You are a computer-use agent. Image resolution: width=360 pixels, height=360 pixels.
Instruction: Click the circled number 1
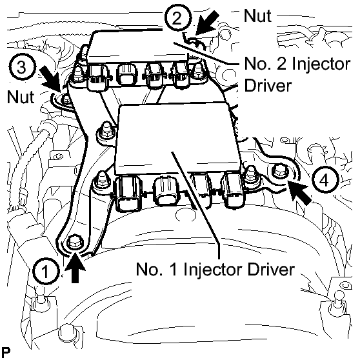coord(46,271)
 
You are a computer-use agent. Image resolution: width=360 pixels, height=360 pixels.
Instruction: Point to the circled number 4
coord(325,180)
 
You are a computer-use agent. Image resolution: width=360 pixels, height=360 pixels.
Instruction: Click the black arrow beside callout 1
coord(75,267)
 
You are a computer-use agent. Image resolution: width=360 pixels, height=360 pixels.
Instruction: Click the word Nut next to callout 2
coord(258,16)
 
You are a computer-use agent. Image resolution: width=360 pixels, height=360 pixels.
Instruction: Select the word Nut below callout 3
coord(21,97)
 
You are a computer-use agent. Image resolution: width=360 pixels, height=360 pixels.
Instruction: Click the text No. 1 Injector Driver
coord(215,269)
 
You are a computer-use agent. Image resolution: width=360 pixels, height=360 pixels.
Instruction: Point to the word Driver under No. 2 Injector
coord(268,85)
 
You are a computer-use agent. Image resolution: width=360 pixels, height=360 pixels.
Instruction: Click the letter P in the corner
coord(6,352)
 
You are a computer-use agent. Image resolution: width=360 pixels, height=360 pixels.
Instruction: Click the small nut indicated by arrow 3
coord(66,99)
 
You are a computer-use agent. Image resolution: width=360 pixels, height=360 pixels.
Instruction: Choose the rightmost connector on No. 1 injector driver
coord(233,190)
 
